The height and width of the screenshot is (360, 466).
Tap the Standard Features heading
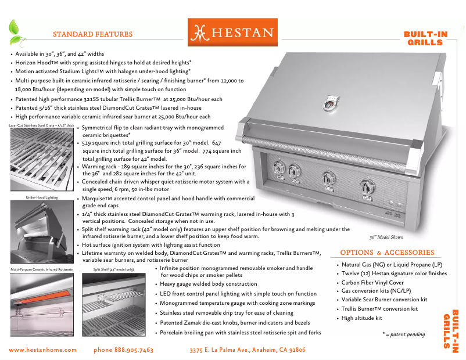(92, 34)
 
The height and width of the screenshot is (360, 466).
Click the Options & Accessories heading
(387, 253)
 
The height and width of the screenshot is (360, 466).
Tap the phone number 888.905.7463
(123, 350)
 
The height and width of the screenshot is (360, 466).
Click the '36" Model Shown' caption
(386, 237)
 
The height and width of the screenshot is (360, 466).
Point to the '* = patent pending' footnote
(403, 334)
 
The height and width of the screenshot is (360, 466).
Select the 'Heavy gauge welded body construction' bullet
(209, 285)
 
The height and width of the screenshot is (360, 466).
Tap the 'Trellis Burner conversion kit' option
(379, 309)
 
